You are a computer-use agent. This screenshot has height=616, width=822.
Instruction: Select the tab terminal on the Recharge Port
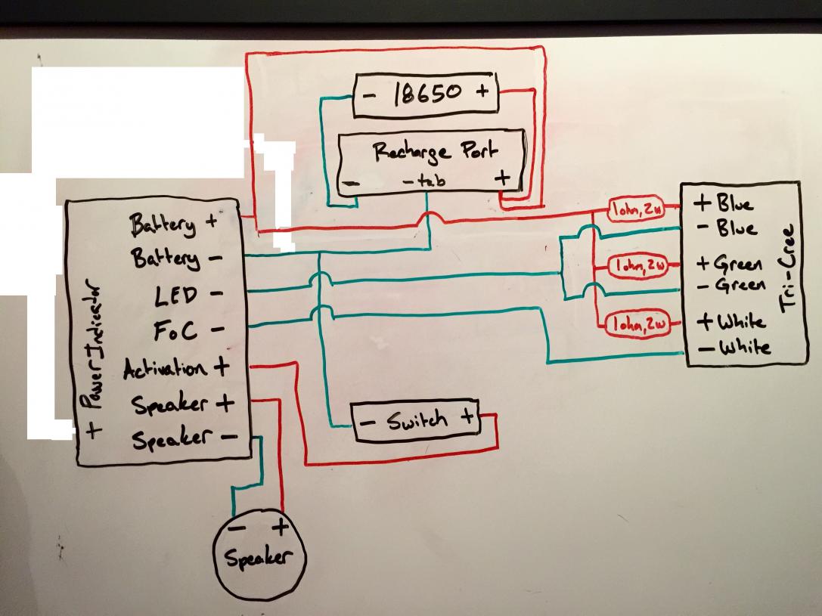click(x=420, y=181)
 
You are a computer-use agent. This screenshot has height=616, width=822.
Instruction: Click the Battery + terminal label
click(x=173, y=224)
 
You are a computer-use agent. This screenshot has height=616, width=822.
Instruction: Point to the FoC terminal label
click(x=178, y=330)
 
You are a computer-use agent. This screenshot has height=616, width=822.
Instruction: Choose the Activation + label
click(x=175, y=369)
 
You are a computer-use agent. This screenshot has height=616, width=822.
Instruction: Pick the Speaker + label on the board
click(x=182, y=404)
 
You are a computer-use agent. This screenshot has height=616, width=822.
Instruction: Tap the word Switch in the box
click(x=417, y=420)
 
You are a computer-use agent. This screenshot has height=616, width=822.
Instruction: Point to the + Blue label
click(x=724, y=203)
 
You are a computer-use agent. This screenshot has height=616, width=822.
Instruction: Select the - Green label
click(x=730, y=286)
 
